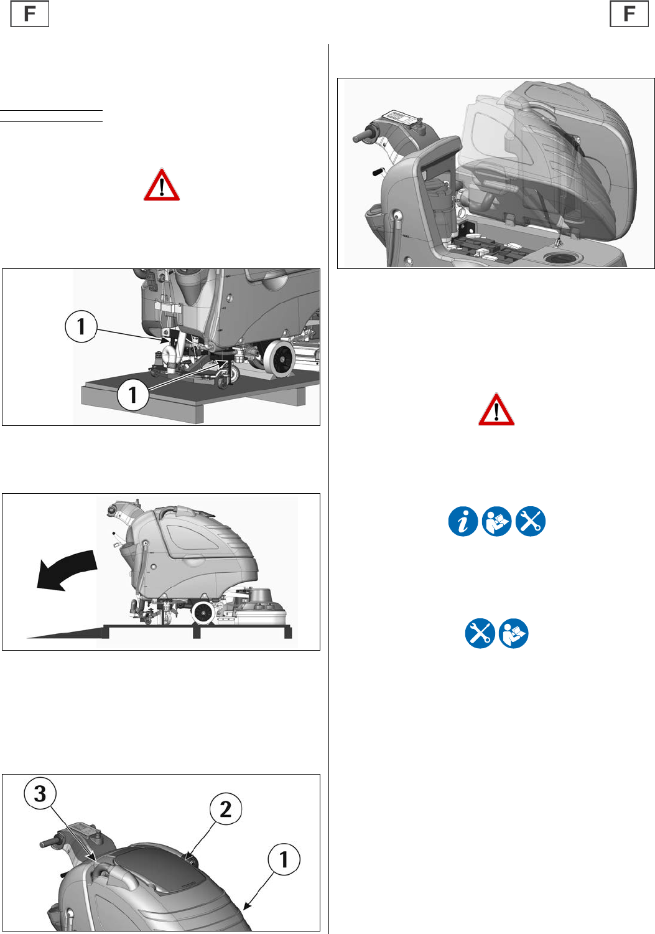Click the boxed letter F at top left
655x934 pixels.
(x=30, y=14)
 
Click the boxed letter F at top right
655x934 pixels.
(x=629, y=14)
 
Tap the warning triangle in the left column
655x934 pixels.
(x=162, y=185)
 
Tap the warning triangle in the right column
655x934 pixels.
(x=496, y=409)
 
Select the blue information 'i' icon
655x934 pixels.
(x=463, y=521)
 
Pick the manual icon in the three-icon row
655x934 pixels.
(x=496, y=521)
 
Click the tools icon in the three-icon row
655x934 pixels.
(x=531, y=521)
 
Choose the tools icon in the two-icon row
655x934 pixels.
(x=480, y=633)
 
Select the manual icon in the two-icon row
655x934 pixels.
(x=514, y=633)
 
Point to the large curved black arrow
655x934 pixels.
(x=67, y=570)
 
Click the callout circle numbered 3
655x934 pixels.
(x=40, y=793)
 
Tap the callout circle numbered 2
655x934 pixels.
(x=225, y=809)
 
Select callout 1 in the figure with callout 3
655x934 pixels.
(x=284, y=859)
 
